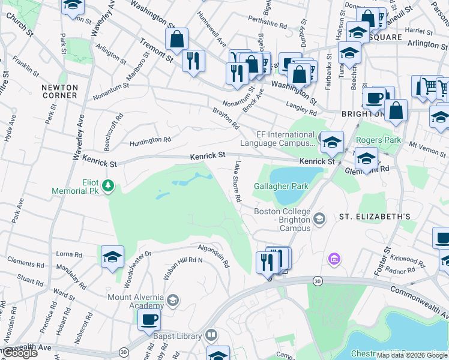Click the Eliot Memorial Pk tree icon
pos(108,185)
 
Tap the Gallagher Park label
pos(281,186)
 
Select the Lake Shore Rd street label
pos(238,181)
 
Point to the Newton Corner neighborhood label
pos(59,91)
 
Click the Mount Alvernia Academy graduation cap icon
pos(172,300)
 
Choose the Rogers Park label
pos(378,140)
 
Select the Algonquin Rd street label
pos(214,256)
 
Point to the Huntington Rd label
pos(151,141)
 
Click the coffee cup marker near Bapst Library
pos(149,319)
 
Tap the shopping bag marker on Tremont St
pos(177,40)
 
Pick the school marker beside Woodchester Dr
pos(112,257)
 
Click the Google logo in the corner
pos(20,353)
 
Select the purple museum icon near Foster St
pos(334,259)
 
